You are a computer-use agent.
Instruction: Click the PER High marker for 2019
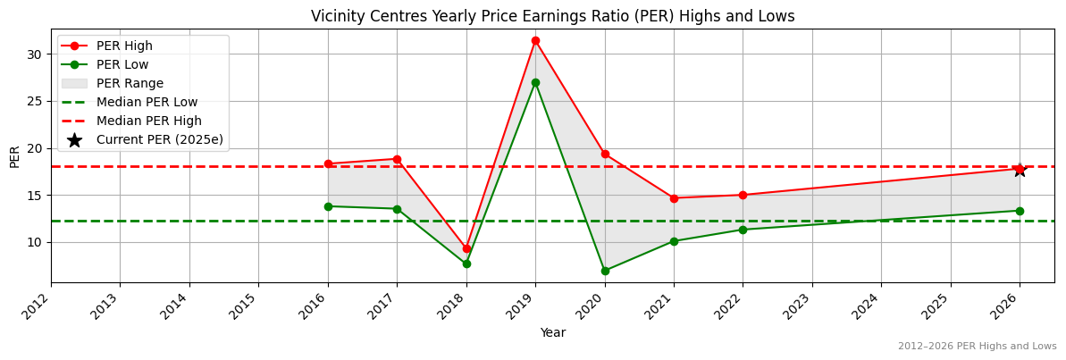tap(535, 40)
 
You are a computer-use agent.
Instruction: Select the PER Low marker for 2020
tap(605, 271)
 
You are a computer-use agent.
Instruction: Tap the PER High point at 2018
tap(466, 248)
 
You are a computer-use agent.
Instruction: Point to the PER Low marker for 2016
tap(328, 206)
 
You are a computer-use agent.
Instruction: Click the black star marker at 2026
tap(1020, 169)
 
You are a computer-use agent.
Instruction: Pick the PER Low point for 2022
tap(743, 230)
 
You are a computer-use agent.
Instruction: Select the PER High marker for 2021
tap(674, 198)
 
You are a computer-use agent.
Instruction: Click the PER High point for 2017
tap(397, 159)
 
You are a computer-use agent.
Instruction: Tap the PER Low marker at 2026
tap(1020, 211)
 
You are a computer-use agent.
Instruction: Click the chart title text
tap(552, 16)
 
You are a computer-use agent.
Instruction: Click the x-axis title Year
tap(552, 332)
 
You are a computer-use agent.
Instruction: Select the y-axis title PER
tap(14, 155)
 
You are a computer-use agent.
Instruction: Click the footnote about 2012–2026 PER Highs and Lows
tap(977, 346)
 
